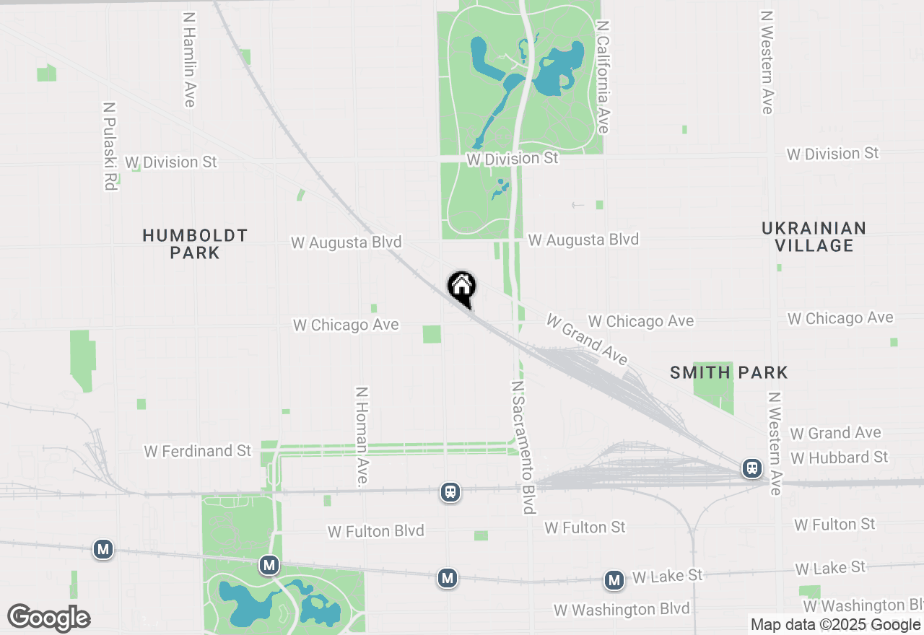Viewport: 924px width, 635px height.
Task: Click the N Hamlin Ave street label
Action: click(x=189, y=59)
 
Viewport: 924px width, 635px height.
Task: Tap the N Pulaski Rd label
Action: click(x=109, y=145)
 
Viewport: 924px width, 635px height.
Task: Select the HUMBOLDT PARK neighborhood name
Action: click(x=195, y=244)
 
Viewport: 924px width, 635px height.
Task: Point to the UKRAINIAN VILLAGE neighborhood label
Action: click(x=814, y=237)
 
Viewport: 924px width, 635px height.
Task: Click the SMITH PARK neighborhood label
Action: click(x=728, y=372)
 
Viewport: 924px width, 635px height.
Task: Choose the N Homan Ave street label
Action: click(x=362, y=435)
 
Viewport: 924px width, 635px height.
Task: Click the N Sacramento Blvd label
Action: click(x=524, y=447)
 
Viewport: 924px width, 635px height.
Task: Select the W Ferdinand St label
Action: click(x=198, y=451)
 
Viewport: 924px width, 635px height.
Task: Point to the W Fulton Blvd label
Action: click(x=375, y=531)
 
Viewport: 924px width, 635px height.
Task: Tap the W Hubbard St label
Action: click(x=839, y=457)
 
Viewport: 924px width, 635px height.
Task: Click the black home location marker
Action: click(x=462, y=288)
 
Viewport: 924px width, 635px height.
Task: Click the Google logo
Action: click(x=49, y=618)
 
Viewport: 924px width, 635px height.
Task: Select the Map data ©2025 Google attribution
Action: click(x=835, y=625)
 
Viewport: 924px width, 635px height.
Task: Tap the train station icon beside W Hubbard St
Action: click(x=752, y=468)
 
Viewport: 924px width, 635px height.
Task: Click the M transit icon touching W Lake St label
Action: click(x=614, y=579)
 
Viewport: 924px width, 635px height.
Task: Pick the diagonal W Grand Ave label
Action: click(x=587, y=339)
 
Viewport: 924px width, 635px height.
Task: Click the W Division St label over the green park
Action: click(x=513, y=157)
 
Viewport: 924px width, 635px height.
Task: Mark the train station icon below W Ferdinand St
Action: click(x=450, y=492)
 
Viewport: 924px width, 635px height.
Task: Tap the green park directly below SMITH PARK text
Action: click(x=713, y=387)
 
